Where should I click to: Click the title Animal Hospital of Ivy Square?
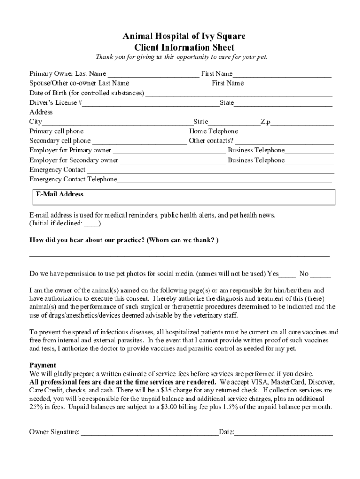pyautogui.click(x=184, y=36)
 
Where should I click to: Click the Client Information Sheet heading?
pyautogui.click(x=184, y=47)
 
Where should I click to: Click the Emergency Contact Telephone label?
pyautogui.click(x=73, y=180)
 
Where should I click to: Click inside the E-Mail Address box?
pyautogui.click(x=184, y=199)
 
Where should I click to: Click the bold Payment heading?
pyautogui.click(x=43, y=365)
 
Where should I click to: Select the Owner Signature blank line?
pyautogui.click(x=150, y=433)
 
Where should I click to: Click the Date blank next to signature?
pyautogui.click(x=283, y=433)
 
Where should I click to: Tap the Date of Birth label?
pyautogui.click(x=87, y=94)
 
